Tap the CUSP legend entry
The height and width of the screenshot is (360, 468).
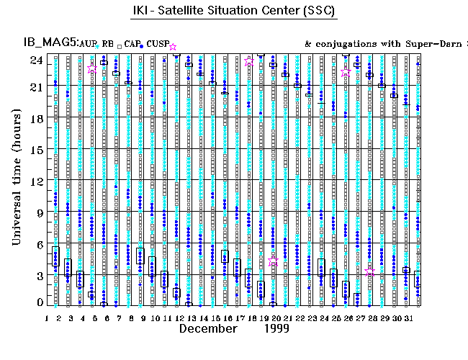coord(158,44)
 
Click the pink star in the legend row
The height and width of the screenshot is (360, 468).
coord(173,47)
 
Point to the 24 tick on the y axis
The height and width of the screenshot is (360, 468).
coord(35,60)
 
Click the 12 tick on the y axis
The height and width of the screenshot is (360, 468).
coord(35,181)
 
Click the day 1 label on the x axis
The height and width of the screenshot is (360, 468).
coord(47,318)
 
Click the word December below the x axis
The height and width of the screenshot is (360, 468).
coord(208,329)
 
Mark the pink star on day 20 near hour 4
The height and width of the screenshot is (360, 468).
coord(273,262)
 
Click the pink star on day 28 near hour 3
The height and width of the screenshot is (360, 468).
coord(370,271)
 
